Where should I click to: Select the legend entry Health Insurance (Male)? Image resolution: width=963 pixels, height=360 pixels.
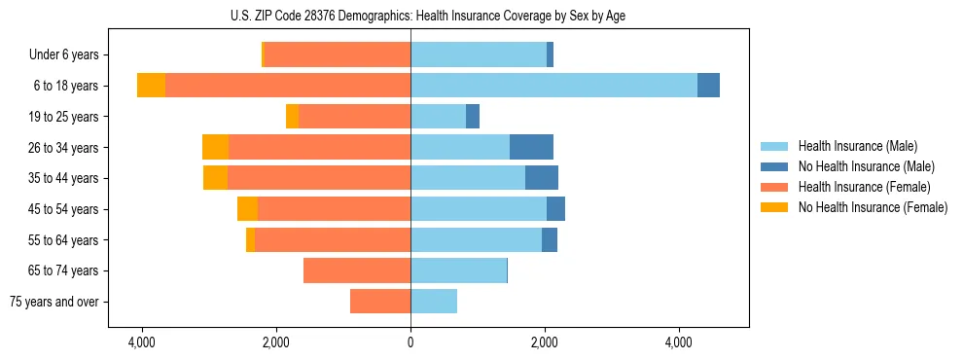tap(857, 146)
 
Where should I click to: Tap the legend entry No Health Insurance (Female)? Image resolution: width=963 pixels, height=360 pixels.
tap(873, 207)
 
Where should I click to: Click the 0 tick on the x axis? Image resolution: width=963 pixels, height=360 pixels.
tap(410, 342)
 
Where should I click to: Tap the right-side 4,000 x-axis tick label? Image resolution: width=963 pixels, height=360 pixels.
tap(679, 342)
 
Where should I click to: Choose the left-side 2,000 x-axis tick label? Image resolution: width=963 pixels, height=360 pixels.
tap(276, 342)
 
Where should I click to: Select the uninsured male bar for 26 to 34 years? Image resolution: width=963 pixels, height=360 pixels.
tap(531, 147)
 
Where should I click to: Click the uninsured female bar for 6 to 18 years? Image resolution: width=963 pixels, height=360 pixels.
tap(151, 86)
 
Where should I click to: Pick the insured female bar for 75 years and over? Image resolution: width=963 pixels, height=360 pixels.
tap(380, 302)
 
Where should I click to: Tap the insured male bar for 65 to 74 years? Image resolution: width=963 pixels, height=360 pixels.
tap(458, 270)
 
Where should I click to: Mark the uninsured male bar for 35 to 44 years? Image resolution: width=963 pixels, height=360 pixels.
tap(542, 178)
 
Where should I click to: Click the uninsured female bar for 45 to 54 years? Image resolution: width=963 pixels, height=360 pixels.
tap(247, 209)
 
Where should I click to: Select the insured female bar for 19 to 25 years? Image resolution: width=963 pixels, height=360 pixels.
tap(354, 117)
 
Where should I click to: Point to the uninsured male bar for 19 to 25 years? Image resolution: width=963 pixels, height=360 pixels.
tap(473, 117)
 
